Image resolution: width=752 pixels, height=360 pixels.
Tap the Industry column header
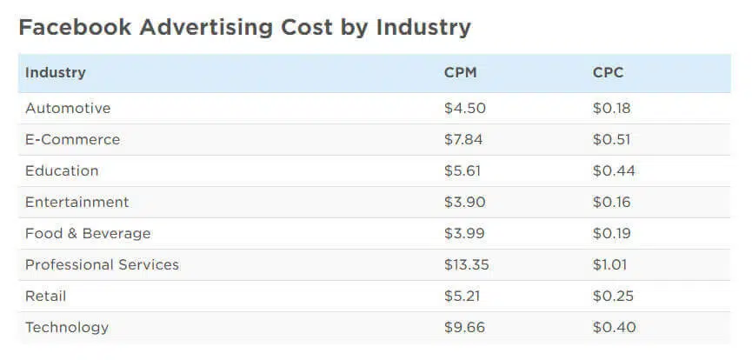(x=55, y=73)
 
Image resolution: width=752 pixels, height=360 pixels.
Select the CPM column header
(x=460, y=73)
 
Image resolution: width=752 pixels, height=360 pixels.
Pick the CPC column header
(x=608, y=73)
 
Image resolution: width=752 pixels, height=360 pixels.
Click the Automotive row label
(x=68, y=109)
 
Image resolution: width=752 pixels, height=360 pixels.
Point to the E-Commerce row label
(x=72, y=140)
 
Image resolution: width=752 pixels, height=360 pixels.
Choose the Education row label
(x=62, y=171)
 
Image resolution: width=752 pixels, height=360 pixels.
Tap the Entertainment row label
(x=77, y=203)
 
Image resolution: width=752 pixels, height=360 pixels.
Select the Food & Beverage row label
(x=88, y=234)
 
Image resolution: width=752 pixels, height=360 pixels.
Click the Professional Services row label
(x=102, y=265)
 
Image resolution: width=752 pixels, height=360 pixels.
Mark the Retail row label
(x=45, y=297)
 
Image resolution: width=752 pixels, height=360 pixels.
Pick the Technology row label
(x=67, y=328)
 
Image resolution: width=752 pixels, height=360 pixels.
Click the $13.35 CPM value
(x=468, y=265)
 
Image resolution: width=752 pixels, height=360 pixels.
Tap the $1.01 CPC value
(x=609, y=265)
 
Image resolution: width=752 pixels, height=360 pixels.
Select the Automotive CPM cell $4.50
(x=464, y=109)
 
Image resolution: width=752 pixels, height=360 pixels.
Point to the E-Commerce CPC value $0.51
(x=611, y=140)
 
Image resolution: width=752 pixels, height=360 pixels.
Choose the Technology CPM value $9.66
(x=464, y=328)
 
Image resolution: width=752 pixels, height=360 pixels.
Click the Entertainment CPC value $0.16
(x=611, y=203)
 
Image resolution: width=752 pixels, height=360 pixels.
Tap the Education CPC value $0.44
(x=614, y=171)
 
